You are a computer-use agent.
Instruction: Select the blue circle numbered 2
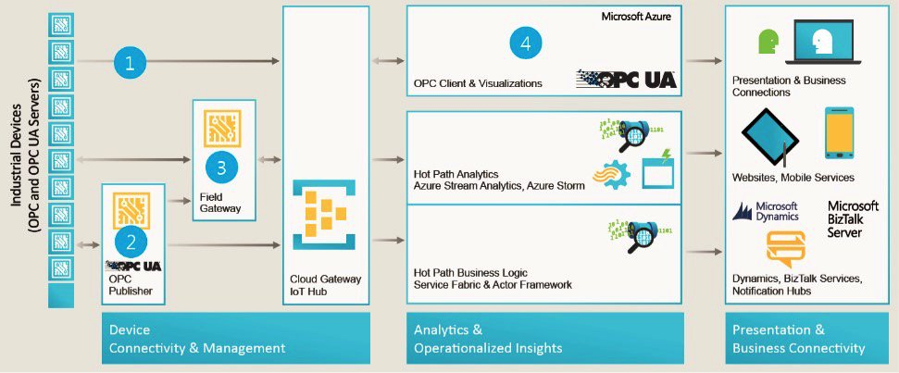point(131,243)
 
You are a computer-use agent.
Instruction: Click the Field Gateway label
point(220,203)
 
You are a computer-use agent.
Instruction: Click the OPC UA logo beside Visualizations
point(626,78)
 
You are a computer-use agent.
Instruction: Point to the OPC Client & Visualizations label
point(478,84)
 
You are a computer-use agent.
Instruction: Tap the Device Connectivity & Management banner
point(235,339)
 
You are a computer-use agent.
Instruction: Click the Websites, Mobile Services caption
point(793,177)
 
